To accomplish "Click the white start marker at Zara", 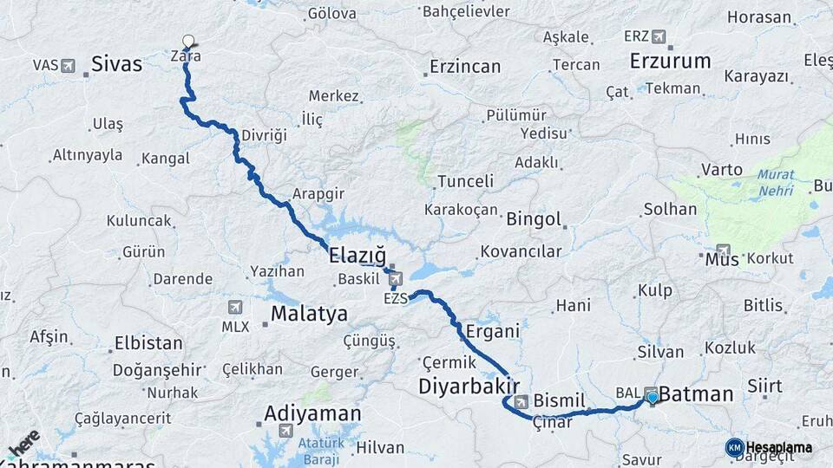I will [x=187, y=40].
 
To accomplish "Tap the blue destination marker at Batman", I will [x=652, y=399].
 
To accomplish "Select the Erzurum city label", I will [x=671, y=62].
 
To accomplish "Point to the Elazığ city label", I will [x=357, y=255].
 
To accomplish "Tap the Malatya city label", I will [x=309, y=314].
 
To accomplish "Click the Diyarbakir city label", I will [x=469, y=386].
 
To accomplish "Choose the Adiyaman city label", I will [x=312, y=413].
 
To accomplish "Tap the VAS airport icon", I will [x=67, y=65].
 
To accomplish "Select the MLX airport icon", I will [x=235, y=308].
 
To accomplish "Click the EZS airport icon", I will [x=396, y=279].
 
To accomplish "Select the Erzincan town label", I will [x=465, y=67].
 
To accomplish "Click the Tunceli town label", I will [x=465, y=181].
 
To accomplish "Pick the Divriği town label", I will [x=264, y=136].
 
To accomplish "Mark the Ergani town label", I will [x=492, y=331].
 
